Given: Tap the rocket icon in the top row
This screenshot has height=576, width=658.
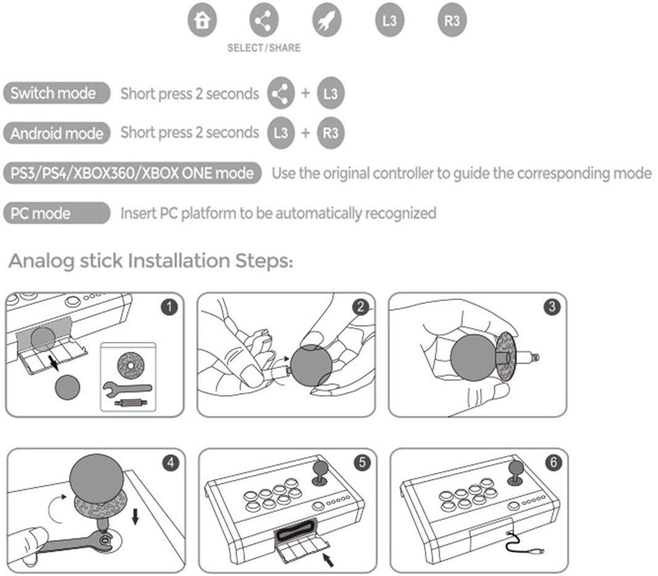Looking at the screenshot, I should [x=327, y=21].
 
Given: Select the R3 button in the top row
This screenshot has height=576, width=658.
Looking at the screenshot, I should [x=452, y=21].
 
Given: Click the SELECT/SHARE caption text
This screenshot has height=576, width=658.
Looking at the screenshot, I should [x=264, y=48].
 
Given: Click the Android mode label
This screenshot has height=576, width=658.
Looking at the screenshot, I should [x=57, y=132].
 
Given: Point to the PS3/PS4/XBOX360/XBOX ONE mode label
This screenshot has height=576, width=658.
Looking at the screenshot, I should [x=132, y=173].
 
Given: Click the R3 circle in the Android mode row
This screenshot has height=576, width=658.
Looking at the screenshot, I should [x=331, y=132].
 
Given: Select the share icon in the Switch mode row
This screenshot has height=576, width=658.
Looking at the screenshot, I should [x=281, y=94].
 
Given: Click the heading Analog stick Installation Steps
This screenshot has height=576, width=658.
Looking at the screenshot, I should [x=151, y=261].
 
